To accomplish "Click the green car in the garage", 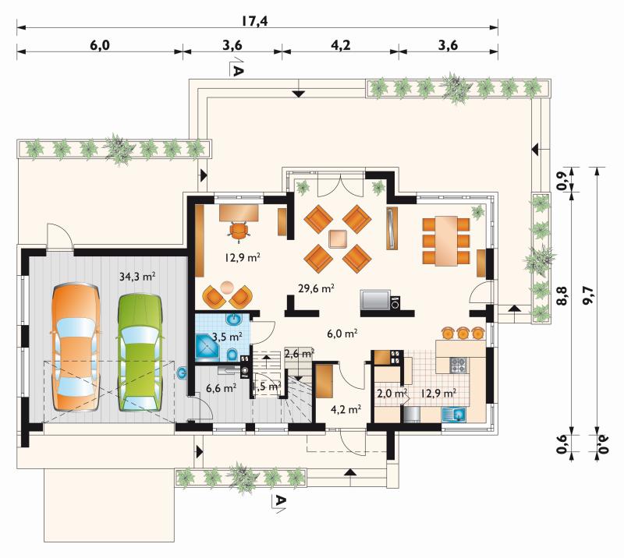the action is click(140, 352).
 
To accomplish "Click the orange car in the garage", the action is click(76, 348).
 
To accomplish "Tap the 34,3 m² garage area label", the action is click(137, 277).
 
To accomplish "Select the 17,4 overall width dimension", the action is click(255, 21).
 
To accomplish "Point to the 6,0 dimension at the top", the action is click(100, 45).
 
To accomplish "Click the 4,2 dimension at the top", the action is click(341, 45).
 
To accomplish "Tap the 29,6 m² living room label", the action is click(316, 288).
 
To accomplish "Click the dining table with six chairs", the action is click(445, 241).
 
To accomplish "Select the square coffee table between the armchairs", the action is click(338, 239).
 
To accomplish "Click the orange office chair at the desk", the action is click(239, 232).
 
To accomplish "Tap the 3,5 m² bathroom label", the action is click(227, 337).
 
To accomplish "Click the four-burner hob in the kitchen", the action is click(458, 365).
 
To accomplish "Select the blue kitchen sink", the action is click(455, 415).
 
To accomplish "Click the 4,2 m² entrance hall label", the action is click(346, 408).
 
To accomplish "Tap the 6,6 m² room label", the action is click(222, 387).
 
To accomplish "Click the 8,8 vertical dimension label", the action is click(562, 295).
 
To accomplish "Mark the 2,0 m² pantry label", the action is click(392, 394).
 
